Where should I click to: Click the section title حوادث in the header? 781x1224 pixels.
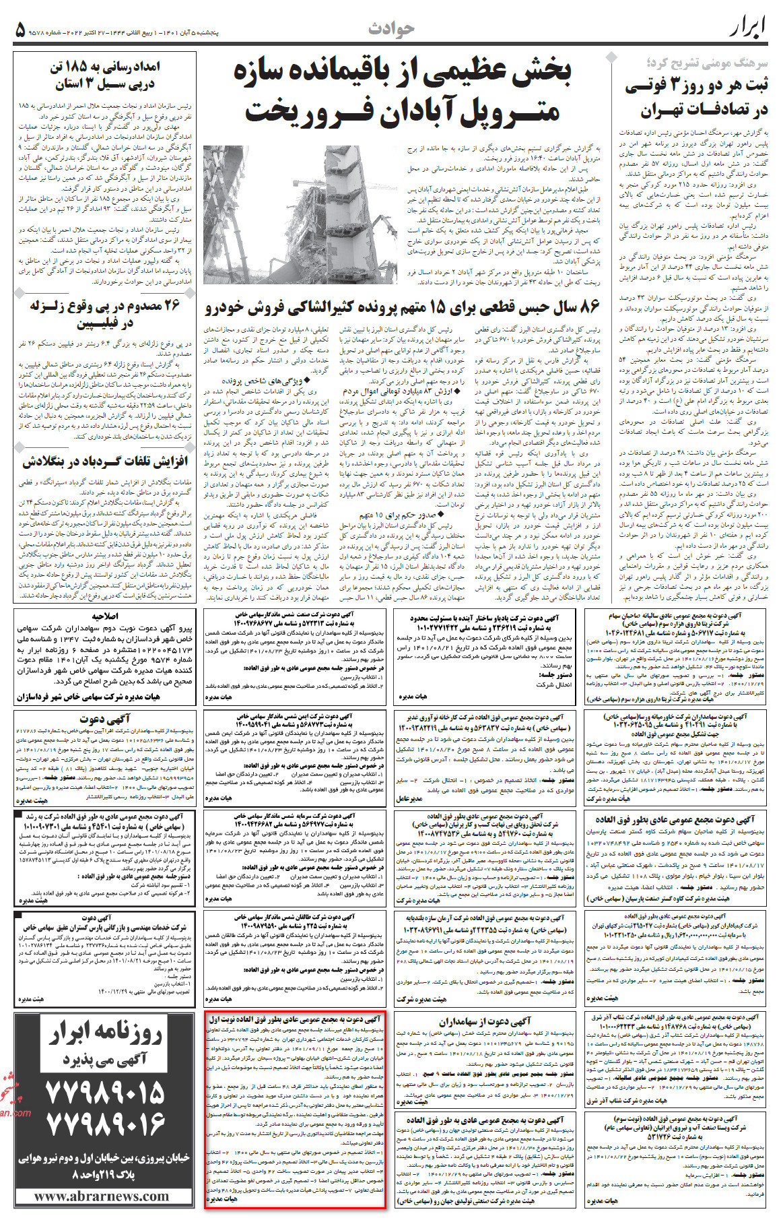pyautogui.click(x=391, y=28)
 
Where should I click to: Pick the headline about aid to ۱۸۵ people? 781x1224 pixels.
pyautogui.click(x=105, y=76)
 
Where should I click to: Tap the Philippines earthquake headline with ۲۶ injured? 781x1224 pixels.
pyautogui.click(x=105, y=314)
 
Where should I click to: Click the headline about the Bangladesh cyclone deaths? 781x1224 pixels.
pyautogui.click(x=105, y=462)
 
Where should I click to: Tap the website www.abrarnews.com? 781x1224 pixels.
pyautogui.click(x=102, y=1196)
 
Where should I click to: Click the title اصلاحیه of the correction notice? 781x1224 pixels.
pyautogui.click(x=105, y=616)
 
